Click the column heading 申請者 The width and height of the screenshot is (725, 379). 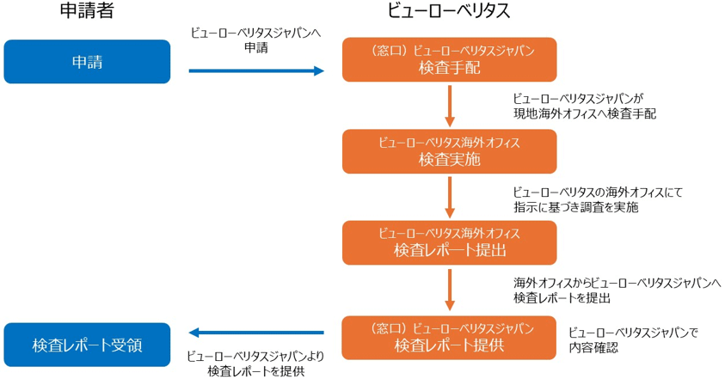tap(86, 12)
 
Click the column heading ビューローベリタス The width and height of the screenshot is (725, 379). tap(449, 12)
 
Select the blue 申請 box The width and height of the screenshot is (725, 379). tap(87, 61)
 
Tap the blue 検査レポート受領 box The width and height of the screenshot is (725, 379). tap(87, 345)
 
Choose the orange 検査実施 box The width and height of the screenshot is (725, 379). tap(449, 151)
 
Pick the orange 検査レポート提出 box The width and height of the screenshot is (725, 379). tap(449, 242)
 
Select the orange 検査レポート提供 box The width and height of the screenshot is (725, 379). tap(449, 338)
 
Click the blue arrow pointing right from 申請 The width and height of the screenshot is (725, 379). tap(255, 71)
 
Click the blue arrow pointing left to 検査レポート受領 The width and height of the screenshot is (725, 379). tap(255, 333)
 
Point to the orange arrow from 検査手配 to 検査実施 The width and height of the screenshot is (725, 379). tap(449, 106)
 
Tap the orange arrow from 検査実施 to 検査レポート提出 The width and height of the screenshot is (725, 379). tap(449, 197)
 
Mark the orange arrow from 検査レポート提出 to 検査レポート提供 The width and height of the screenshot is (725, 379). tap(449, 290)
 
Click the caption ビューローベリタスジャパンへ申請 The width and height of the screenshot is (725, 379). tap(255, 40)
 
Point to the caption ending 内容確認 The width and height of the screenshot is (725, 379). tap(631, 339)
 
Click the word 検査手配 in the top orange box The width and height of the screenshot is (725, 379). tap(449, 68)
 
